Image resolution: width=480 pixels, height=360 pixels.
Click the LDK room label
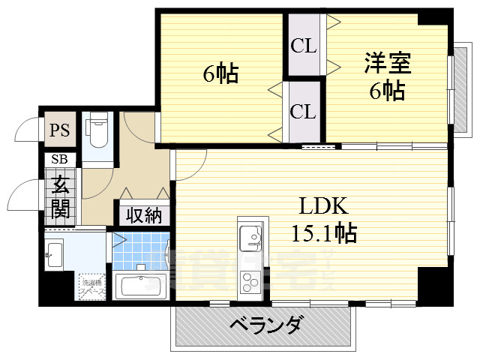[x=323, y=205]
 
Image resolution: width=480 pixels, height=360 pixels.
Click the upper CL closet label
[x=304, y=46]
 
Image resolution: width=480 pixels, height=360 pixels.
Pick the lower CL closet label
[x=304, y=112]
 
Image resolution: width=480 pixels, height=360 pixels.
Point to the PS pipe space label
[x=59, y=130]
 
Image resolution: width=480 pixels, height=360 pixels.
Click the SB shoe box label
[x=58, y=160]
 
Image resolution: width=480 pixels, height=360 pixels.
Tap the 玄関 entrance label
[x=60, y=196]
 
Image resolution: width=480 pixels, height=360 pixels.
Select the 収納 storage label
[x=143, y=215]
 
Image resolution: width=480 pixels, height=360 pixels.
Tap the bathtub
[x=142, y=286]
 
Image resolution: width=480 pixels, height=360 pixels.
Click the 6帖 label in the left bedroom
[x=220, y=73]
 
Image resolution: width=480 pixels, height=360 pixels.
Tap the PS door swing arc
[x=26, y=129]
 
